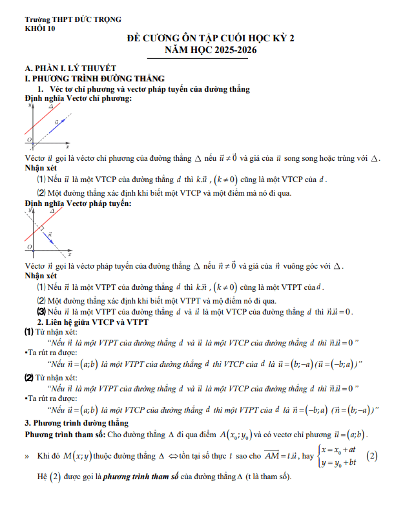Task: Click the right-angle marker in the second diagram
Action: pos(40,227)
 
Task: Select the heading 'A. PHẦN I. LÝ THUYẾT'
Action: pos(69,67)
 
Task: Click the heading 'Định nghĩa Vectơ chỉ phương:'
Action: pos(78,98)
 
